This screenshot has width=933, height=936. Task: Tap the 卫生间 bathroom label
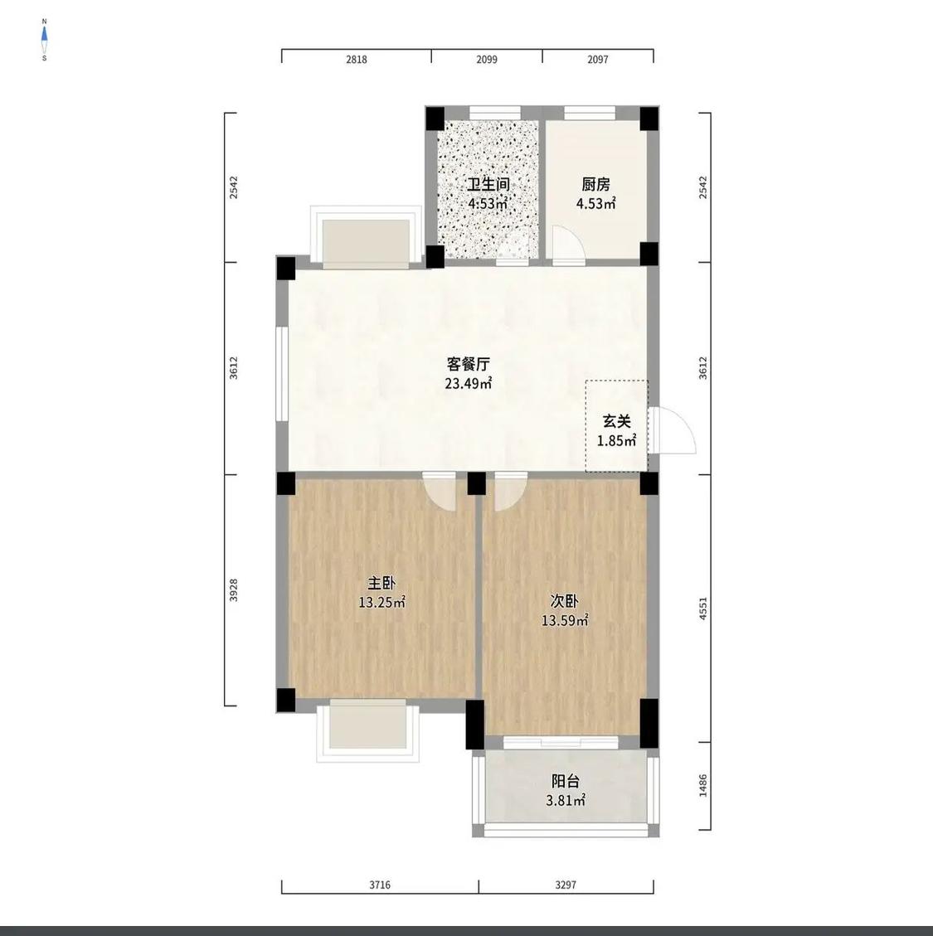488,184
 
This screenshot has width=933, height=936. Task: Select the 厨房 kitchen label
596,184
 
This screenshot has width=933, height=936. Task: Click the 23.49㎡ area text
469,383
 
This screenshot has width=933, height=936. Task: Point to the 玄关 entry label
616,421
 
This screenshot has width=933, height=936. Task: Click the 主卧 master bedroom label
381,583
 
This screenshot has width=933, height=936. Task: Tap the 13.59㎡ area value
565,621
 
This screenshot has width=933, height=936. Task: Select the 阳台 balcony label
566,781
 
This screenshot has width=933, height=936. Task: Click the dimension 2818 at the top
357,59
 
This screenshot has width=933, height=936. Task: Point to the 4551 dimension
703,609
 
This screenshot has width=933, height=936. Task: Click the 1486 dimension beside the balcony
703,786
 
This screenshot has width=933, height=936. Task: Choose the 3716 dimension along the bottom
380,885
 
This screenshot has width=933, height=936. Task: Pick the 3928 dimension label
234,589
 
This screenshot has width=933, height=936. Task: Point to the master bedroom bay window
368,731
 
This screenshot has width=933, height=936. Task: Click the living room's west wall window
282,374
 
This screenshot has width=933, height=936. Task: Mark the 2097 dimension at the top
598,59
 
